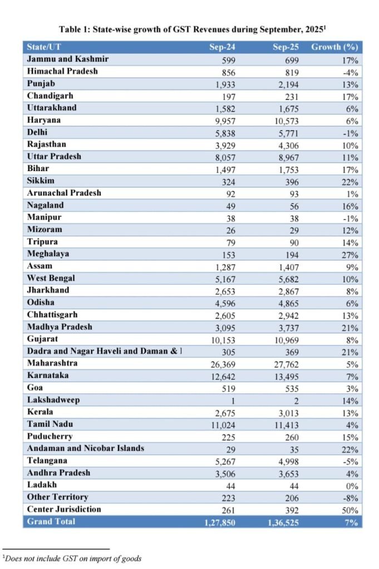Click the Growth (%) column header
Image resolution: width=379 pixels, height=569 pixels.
(x=334, y=47)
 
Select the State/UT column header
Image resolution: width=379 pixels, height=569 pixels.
(x=44, y=47)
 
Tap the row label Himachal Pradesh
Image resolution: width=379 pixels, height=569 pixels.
(x=62, y=71)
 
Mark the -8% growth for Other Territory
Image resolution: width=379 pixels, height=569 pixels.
(x=351, y=498)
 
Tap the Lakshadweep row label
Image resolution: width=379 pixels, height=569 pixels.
(x=54, y=400)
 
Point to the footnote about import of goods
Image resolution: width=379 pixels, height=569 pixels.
(x=72, y=558)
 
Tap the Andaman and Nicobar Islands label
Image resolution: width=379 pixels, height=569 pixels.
(x=85, y=448)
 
